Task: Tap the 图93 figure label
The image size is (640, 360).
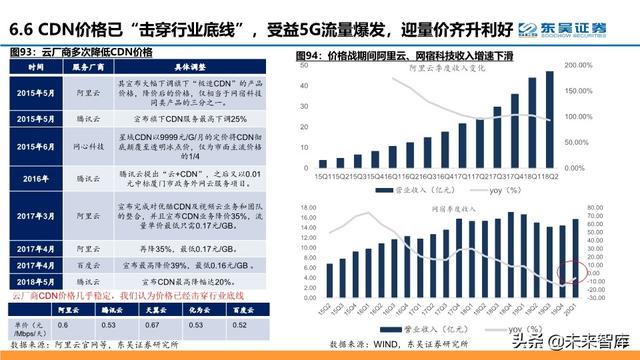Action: coord(22,50)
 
